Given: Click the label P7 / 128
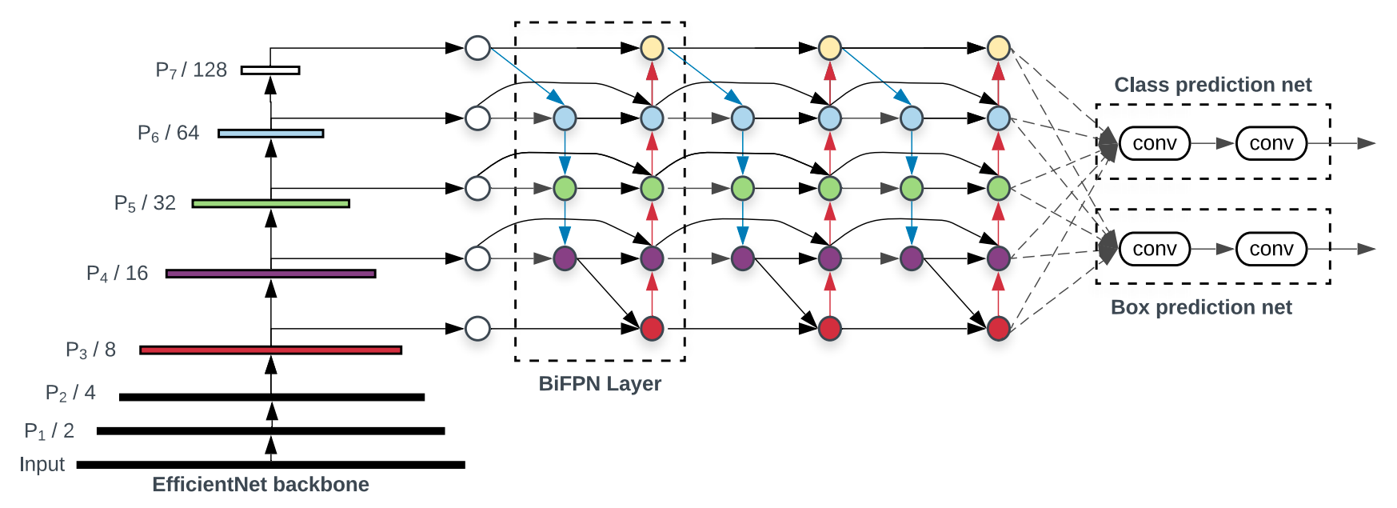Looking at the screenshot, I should pyautogui.click(x=191, y=70).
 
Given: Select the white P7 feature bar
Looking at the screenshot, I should pyautogui.click(x=270, y=70).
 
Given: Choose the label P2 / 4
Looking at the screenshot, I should pyautogui.click(x=70, y=393).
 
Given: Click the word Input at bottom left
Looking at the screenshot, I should pyautogui.click(x=42, y=464).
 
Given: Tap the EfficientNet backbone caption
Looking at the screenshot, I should pyautogui.click(x=261, y=485).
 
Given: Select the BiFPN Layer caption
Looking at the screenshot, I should pyautogui.click(x=600, y=384).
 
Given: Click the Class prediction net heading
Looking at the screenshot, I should pyautogui.click(x=1213, y=85).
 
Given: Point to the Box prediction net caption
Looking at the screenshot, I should pyautogui.click(x=1201, y=307).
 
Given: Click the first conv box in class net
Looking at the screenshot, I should pyautogui.click(x=1155, y=143).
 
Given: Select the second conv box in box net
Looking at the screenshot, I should pyautogui.click(x=1271, y=249).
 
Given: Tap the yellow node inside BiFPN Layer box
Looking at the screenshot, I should pyautogui.click(x=652, y=48).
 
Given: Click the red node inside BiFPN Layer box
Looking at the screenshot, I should pyautogui.click(x=652, y=328).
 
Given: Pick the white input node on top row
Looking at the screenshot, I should pyautogui.click(x=477, y=48).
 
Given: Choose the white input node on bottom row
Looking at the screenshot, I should pyautogui.click(x=477, y=328).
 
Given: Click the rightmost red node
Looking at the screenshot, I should pyautogui.click(x=998, y=328).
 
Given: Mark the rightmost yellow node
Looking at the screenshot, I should pyautogui.click(x=998, y=48).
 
